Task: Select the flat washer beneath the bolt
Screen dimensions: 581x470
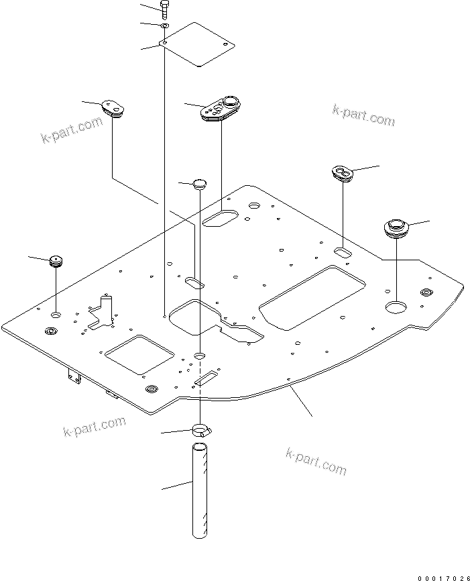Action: tap(164, 25)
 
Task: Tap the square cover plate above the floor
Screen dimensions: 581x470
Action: tap(198, 44)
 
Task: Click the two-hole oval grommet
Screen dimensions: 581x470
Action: tap(344, 174)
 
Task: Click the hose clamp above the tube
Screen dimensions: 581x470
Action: tap(200, 429)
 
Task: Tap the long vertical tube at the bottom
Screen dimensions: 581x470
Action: tap(200, 490)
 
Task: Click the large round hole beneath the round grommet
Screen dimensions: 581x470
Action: tap(396, 307)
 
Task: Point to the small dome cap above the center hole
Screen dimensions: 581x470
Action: tap(200, 184)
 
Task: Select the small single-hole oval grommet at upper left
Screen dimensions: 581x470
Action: tap(113, 108)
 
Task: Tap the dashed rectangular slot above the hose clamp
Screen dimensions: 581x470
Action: tap(206, 378)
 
